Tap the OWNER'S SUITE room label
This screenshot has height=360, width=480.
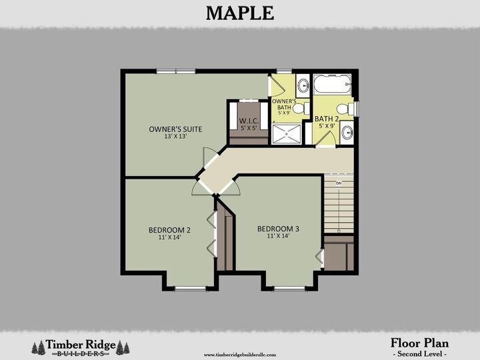175,129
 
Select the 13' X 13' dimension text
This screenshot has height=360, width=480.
175,136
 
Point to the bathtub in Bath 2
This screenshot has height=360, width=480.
331,85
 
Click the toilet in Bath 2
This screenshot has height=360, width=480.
343,109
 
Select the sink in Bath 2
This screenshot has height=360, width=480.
347,133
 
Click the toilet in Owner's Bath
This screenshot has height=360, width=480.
299,108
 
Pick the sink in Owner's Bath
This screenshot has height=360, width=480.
303,85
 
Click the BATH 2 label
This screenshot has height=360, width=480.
327,119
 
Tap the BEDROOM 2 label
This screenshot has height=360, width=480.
169,231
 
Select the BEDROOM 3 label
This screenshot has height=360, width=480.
278,229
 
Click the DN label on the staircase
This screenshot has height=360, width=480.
339,183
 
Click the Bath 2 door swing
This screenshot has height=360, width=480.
325,138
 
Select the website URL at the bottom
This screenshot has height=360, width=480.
239,355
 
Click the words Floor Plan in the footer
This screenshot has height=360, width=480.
419,343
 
